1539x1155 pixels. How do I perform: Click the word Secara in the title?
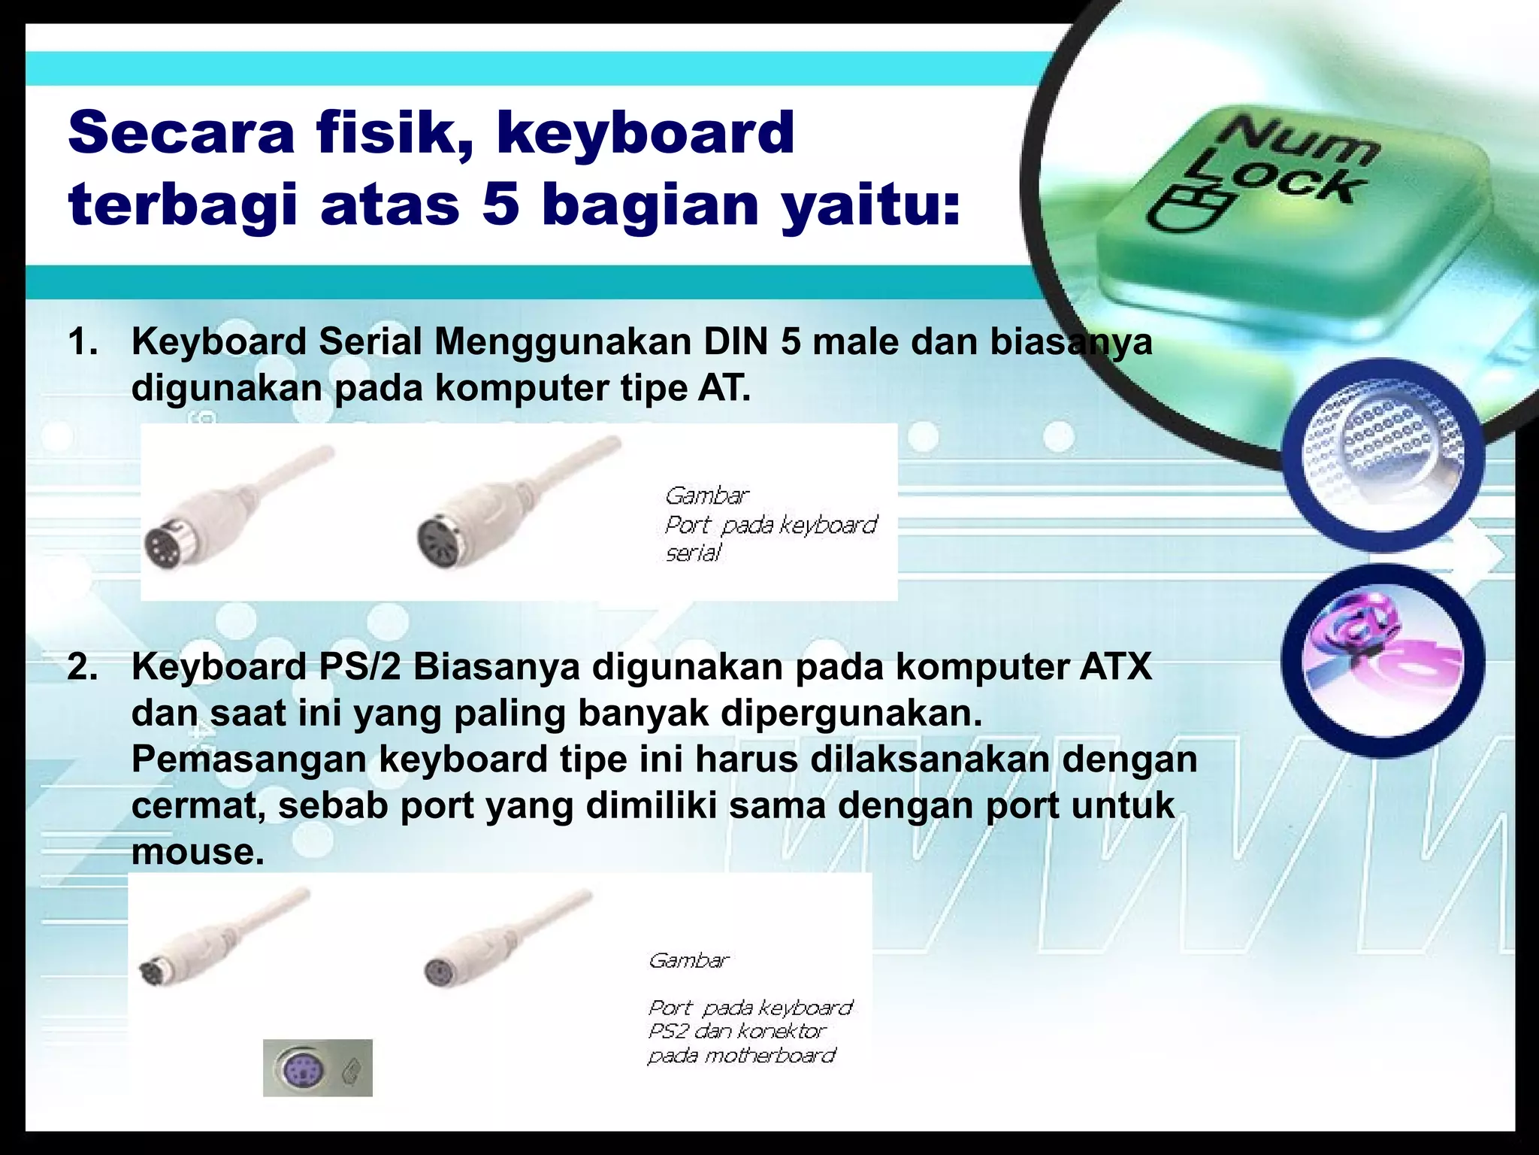coord(180,132)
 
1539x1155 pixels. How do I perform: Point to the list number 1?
coord(83,342)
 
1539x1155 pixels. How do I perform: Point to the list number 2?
coord(83,667)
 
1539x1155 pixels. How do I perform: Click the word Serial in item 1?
coord(370,342)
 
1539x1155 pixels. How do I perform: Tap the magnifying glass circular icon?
coord(1383,456)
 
